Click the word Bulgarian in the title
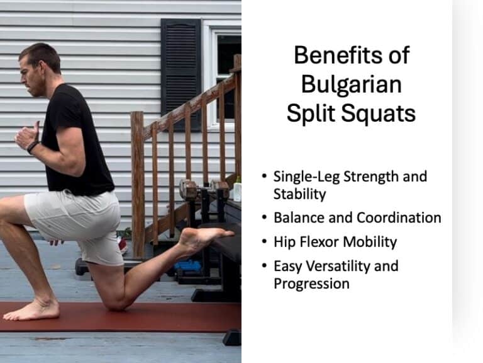pyautogui.click(x=351, y=84)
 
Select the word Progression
pyautogui.click(x=311, y=283)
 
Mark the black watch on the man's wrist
pyautogui.click(x=32, y=147)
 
